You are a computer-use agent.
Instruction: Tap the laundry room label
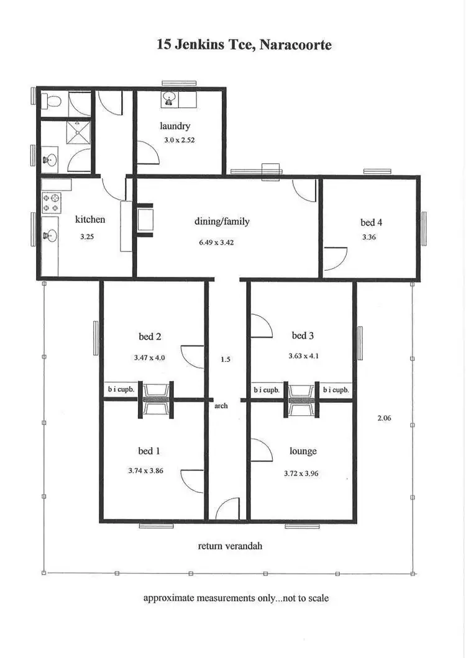[175, 126]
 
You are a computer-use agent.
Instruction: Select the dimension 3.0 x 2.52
[175, 140]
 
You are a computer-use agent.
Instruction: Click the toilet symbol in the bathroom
[53, 102]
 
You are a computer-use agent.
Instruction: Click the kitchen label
[90, 219]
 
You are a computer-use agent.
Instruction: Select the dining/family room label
[222, 221]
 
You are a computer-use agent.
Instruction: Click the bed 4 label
[372, 222]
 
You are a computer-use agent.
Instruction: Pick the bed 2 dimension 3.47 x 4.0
[150, 358]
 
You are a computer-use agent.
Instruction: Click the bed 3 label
[303, 336]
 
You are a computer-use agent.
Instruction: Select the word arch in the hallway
[221, 406]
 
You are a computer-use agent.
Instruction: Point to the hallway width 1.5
[226, 359]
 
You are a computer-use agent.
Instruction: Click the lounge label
[303, 451]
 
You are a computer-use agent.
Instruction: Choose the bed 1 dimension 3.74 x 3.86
[150, 471]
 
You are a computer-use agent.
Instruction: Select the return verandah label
[230, 546]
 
